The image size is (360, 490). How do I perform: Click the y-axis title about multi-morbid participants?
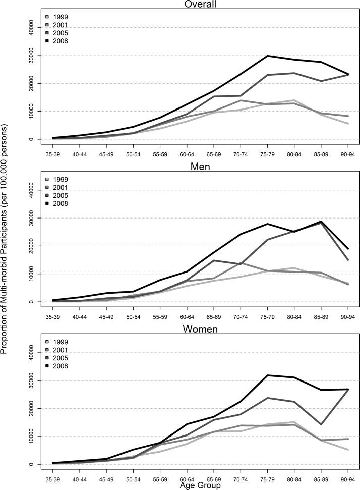coord(6,245)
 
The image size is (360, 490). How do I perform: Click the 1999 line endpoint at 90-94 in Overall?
coord(348,124)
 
